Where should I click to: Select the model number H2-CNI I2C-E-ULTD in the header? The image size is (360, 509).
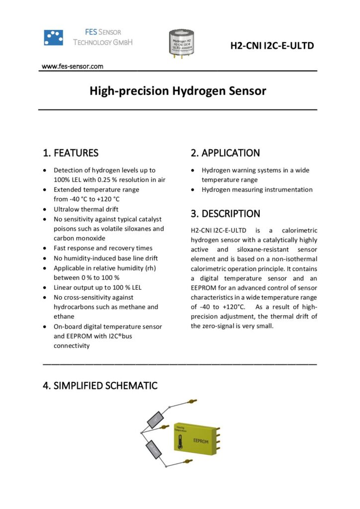pyautogui.click(x=271, y=46)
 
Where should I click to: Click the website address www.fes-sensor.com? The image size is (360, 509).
pyautogui.click(x=72, y=66)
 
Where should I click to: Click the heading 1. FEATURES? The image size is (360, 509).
pyautogui.click(x=71, y=153)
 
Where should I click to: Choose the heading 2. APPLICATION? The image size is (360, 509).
pyautogui.click(x=225, y=153)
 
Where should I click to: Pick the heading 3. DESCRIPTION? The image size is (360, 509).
pyautogui.click(x=225, y=214)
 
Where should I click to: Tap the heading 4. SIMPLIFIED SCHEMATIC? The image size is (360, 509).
pyautogui.click(x=100, y=386)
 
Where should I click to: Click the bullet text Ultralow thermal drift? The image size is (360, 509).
pyautogui.click(x=86, y=209)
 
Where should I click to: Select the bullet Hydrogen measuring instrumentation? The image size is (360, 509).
pyautogui.click(x=257, y=189)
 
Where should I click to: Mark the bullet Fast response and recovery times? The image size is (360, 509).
pyautogui.click(x=103, y=248)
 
